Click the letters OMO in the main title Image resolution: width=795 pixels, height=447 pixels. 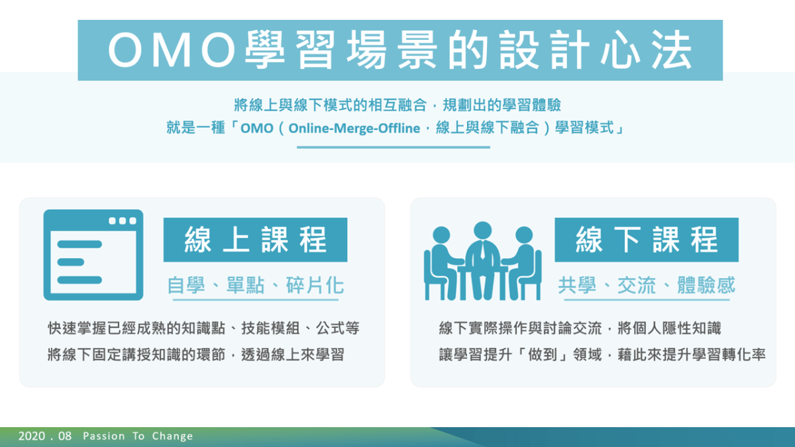pos(172,50)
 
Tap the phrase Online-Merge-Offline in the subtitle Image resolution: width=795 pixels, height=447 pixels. pos(354,128)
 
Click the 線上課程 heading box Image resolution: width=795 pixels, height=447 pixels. pos(255,240)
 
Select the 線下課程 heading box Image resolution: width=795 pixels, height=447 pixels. pos(647,240)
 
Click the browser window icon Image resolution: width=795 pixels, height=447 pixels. pos(93,255)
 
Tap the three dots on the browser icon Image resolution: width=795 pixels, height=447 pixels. pos(123,221)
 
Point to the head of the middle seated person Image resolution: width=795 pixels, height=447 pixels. pos(483,230)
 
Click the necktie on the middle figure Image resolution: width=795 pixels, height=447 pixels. pos(483,250)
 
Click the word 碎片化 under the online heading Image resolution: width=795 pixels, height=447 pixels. pos(315,285)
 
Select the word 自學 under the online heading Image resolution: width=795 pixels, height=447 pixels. pos(186,285)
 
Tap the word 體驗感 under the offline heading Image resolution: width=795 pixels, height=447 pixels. pos(706,285)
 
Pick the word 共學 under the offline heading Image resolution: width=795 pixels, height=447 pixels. pos(577,285)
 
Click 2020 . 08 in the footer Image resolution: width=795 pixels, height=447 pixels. pos(45,436)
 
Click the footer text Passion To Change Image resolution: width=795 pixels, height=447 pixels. pos(138,436)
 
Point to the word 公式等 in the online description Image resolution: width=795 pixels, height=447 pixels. pos(337,328)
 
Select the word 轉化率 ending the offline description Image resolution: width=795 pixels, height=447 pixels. pos(744,354)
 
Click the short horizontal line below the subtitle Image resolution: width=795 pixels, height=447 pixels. pos(394,147)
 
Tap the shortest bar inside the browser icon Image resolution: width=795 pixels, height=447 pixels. pos(71,262)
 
